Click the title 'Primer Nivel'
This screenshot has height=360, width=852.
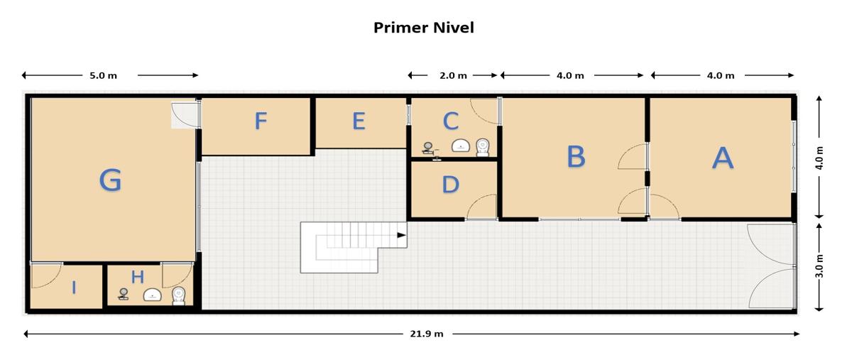(424, 28)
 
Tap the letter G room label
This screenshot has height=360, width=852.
(110, 180)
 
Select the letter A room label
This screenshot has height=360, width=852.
(723, 158)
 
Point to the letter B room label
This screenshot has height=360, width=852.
(576, 156)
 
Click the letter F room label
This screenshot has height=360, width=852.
(261, 121)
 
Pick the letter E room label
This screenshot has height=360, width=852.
(359, 121)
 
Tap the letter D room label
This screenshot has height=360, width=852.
(451, 185)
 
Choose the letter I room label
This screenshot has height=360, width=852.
(74, 288)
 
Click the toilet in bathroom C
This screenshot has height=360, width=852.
(483, 147)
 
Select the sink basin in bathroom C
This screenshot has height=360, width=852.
(461, 146)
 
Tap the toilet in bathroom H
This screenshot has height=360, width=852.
(178, 295)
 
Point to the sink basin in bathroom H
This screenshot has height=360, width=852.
(153, 295)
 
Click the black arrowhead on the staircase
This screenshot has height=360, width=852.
(402, 235)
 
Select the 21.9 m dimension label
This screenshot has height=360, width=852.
(427, 334)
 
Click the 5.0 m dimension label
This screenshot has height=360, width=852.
(103, 75)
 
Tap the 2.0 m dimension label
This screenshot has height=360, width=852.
(453, 75)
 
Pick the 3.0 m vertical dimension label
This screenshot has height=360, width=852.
(819, 266)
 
